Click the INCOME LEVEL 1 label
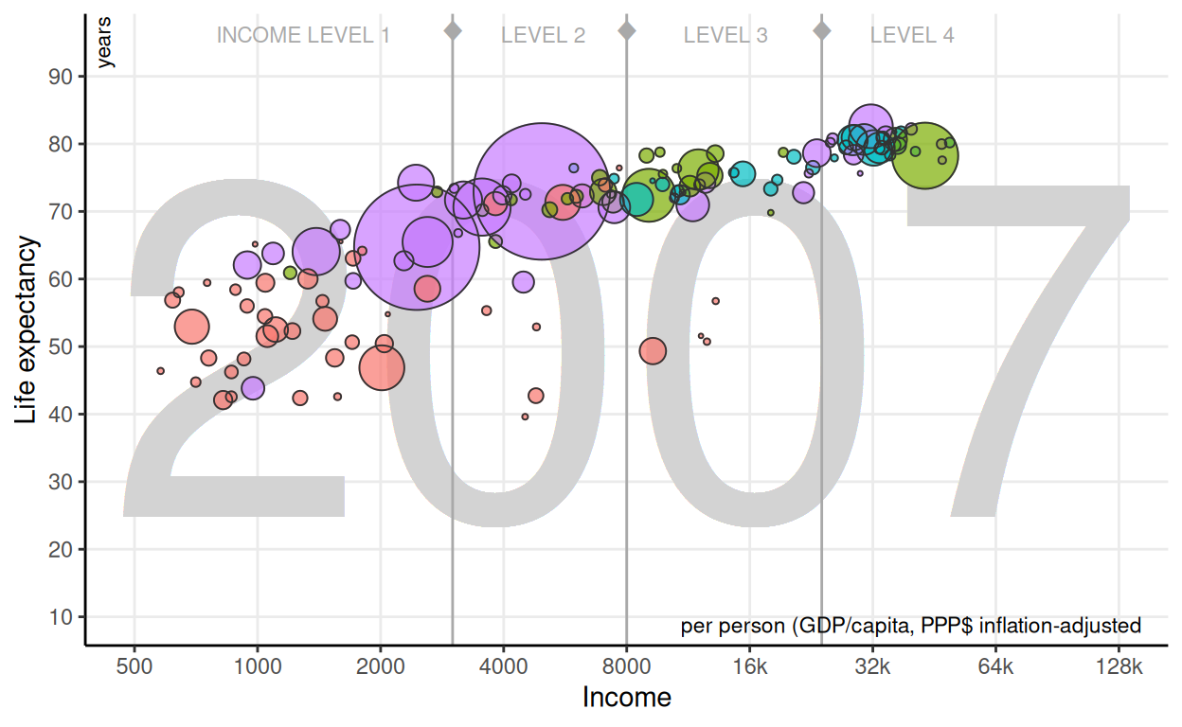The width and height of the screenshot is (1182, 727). [x=303, y=36]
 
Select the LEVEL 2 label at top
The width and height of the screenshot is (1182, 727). [x=543, y=36]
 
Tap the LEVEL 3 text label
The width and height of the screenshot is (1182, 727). [x=725, y=36]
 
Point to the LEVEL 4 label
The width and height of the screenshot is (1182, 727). [x=912, y=36]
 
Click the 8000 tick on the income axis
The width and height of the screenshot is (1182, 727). [x=626, y=666]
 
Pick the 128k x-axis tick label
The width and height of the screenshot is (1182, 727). [x=1119, y=666]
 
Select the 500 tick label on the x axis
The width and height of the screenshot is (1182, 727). [x=134, y=666]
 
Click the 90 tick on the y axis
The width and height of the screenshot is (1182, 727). [x=61, y=77]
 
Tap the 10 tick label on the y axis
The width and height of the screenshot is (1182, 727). [x=61, y=617]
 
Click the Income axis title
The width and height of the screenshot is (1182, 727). [x=626, y=699]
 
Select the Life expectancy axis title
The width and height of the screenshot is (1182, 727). [x=28, y=329]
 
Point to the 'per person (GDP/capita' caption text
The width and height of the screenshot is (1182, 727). [x=910, y=626]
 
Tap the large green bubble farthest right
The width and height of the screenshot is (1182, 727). [x=925, y=156]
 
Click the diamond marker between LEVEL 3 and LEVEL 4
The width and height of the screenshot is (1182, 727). [x=821, y=30]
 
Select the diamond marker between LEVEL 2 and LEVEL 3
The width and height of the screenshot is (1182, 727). [x=626, y=30]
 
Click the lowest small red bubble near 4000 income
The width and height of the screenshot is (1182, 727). [x=525, y=417]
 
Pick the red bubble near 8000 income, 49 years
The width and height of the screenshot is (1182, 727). [x=653, y=351]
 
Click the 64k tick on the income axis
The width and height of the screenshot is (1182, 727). [x=995, y=666]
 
